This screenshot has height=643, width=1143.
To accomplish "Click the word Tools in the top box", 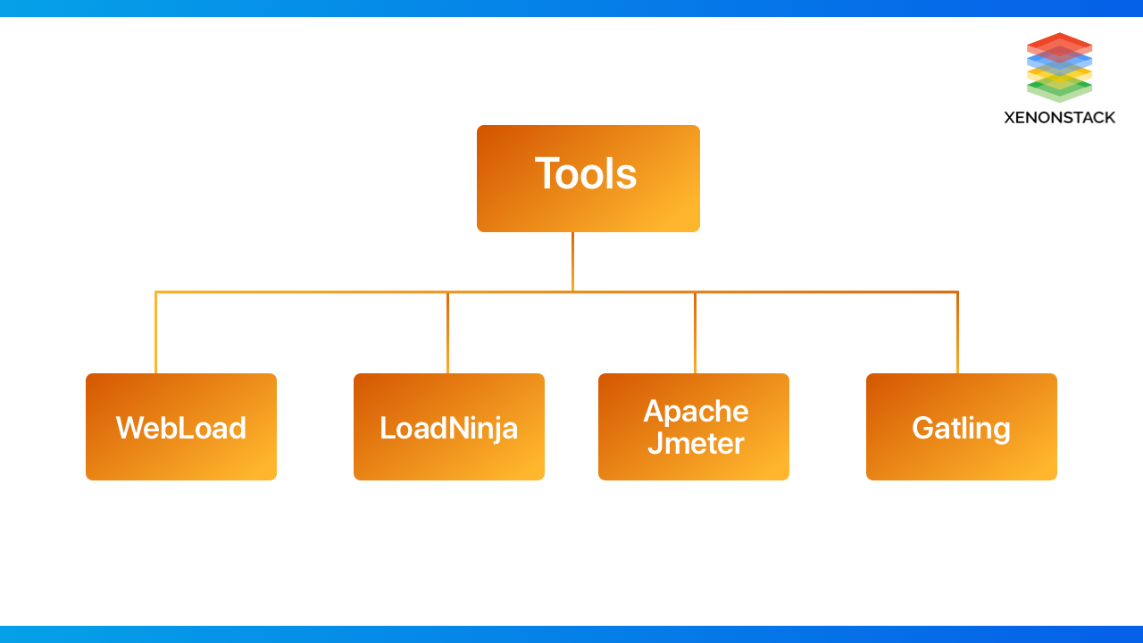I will click(586, 173).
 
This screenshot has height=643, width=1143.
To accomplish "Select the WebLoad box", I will click(181, 427).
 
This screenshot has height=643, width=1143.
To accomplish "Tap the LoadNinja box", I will click(449, 427).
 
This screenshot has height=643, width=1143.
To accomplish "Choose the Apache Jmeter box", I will click(694, 427).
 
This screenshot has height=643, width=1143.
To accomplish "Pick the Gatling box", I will click(962, 427).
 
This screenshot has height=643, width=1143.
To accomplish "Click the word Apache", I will click(696, 411).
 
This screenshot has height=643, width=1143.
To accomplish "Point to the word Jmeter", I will click(696, 443).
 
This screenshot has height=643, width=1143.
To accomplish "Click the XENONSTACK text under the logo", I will click(1059, 117).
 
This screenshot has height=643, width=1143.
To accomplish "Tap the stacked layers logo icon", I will click(1059, 67).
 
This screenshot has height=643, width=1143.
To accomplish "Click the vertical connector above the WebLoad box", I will click(155, 332).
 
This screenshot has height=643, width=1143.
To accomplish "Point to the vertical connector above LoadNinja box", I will click(447, 332).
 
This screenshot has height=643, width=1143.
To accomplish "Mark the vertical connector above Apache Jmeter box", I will click(695, 332).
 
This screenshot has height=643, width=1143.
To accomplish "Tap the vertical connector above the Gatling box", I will click(957, 332).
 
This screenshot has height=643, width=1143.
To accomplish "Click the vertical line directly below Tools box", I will click(572, 261).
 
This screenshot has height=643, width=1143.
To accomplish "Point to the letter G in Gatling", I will click(923, 428).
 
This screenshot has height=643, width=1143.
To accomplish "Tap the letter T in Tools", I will click(546, 173).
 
